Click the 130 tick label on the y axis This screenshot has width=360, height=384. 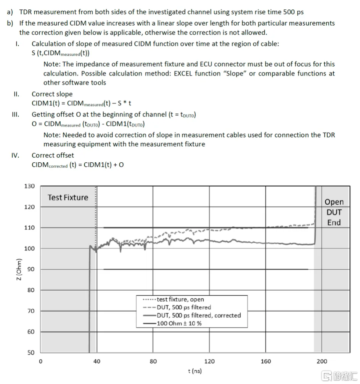[29, 186]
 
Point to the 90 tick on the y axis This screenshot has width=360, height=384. [31, 269]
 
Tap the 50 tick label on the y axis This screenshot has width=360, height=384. [31, 352]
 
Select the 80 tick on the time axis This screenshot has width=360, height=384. [153, 361]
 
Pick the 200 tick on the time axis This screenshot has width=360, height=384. [322, 361]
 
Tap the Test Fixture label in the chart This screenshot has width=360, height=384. [68, 197]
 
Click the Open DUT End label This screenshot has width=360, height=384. [334, 212]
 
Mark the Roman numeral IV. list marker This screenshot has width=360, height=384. [16, 155]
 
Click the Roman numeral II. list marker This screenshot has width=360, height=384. [16, 94]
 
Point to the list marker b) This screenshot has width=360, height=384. [10, 23]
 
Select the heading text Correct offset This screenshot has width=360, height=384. [53, 155]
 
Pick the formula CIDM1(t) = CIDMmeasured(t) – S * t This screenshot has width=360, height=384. [82, 103]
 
